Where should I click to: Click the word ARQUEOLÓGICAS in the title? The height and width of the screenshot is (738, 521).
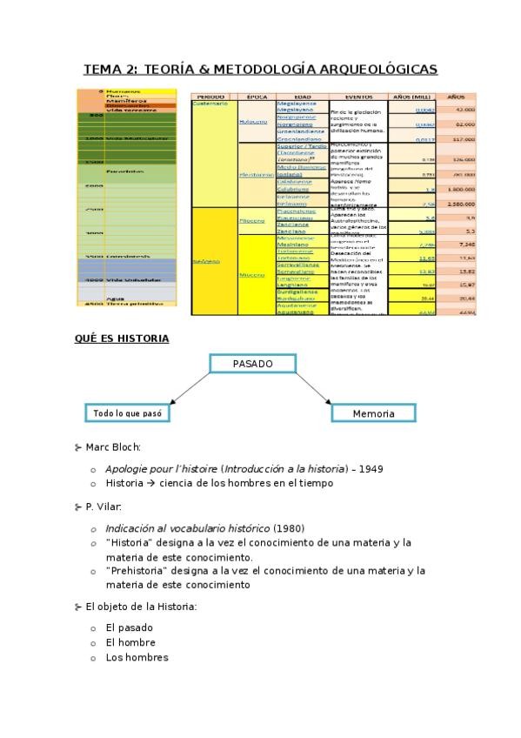[x=382, y=69]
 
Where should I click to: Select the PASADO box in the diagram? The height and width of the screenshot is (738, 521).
[x=253, y=362]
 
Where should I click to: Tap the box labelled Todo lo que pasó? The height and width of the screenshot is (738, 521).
[x=126, y=413]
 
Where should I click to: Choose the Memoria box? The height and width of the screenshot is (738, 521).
[x=374, y=414]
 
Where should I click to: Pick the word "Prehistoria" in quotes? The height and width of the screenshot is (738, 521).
[x=134, y=571]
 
